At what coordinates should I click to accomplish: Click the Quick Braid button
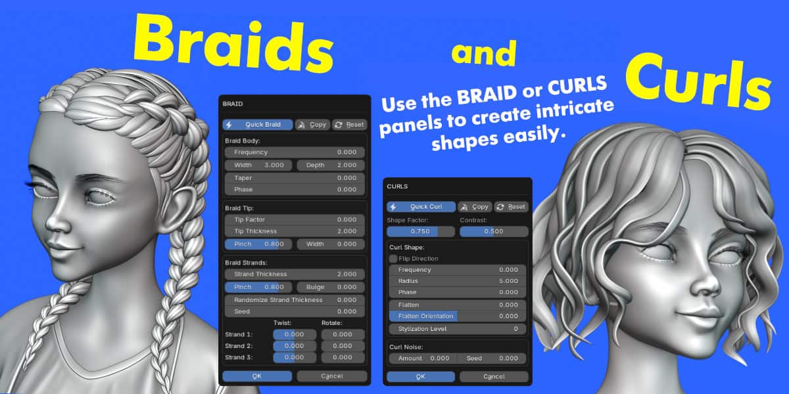pyautogui.click(x=258, y=125)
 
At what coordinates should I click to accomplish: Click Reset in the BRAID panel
pyautogui.click(x=350, y=125)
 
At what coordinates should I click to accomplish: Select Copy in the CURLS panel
pyautogui.click(x=475, y=207)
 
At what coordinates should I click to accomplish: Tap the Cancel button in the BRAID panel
pyautogui.click(x=332, y=376)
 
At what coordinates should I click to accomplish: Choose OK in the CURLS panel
pyautogui.click(x=421, y=376)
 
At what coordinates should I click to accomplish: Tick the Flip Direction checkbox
pyautogui.click(x=393, y=259)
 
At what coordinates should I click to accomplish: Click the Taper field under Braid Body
pyautogui.click(x=295, y=178)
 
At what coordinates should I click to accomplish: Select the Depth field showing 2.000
pyautogui.click(x=331, y=165)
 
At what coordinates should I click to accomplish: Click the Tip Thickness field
pyautogui.click(x=295, y=231)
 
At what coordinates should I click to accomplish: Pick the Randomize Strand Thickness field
pyautogui.click(x=295, y=299)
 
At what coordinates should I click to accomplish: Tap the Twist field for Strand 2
pyautogui.click(x=295, y=346)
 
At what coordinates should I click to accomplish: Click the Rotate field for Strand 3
pyautogui.click(x=343, y=357)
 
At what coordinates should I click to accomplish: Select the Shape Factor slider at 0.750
pyautogui.click(x=421, y=231)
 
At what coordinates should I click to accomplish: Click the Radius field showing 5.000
pyautogui.click(x=458, y=281)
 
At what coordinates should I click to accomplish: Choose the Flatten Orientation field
pyautogui.click(x=458, y=317)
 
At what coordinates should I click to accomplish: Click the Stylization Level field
pyautogui.click(x=458, y=329)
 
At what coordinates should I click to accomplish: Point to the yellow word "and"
pyautogui.click(x=484, y=53)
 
